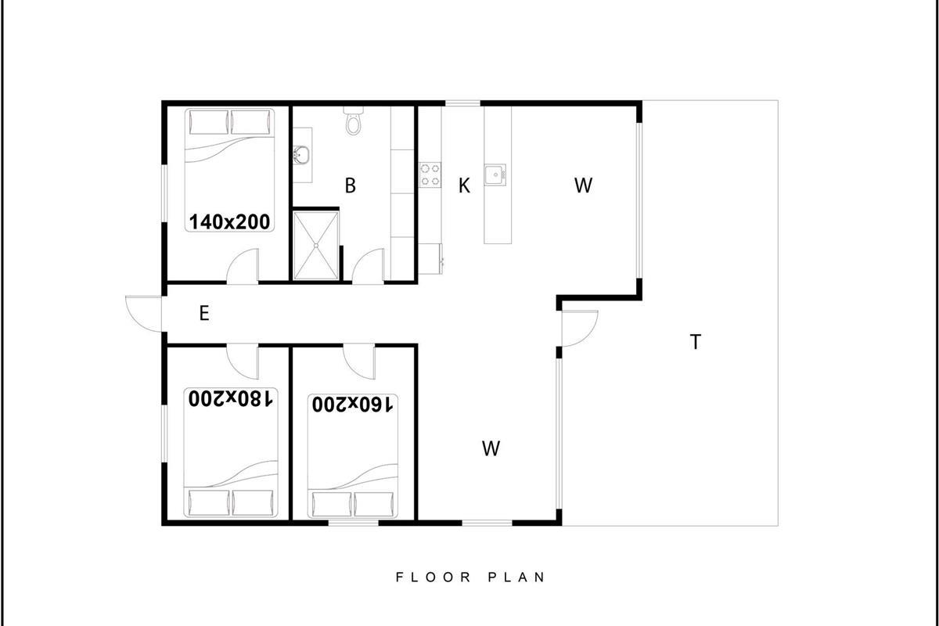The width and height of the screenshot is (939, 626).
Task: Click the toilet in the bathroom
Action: [354, 121]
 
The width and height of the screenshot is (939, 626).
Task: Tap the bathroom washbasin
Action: [301, 155]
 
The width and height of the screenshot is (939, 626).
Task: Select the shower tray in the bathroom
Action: [316, 246]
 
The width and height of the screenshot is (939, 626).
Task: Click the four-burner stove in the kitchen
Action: [430, 174]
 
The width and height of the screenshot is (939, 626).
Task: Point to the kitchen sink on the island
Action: [495, 174]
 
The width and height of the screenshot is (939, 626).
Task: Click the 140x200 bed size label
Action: [229, 221]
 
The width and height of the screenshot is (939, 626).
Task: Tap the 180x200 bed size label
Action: [231, 398]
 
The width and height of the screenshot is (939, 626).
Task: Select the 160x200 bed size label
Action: [353, 405]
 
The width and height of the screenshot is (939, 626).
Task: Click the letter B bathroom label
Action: [351, 185]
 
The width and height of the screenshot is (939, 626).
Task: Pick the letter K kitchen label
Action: [464, 185]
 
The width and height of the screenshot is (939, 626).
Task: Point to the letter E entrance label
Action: [204, 313]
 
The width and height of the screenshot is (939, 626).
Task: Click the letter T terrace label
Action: [695, 342]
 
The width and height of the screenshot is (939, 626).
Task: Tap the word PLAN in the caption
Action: [516, 577]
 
